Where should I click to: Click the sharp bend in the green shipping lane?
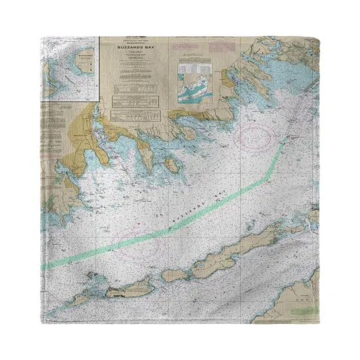(268, 177)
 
